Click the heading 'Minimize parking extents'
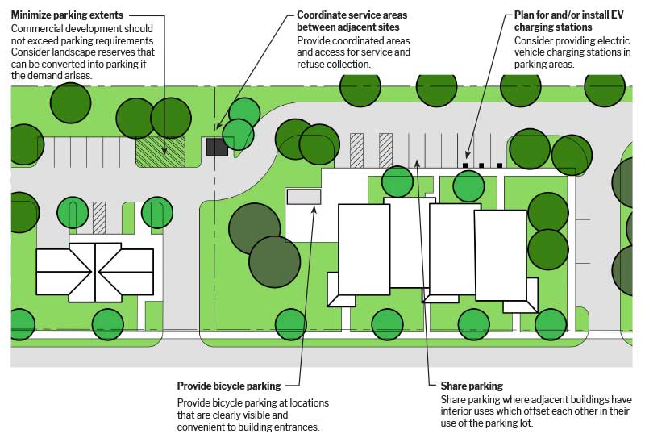click(68, 15)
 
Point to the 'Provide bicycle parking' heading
click(229, 386)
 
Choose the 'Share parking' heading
click(472, 386)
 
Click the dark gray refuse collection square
click(217, 147)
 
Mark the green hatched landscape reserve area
click(160, 152)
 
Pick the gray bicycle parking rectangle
click(304, 196)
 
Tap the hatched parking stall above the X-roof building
click(99, 217)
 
